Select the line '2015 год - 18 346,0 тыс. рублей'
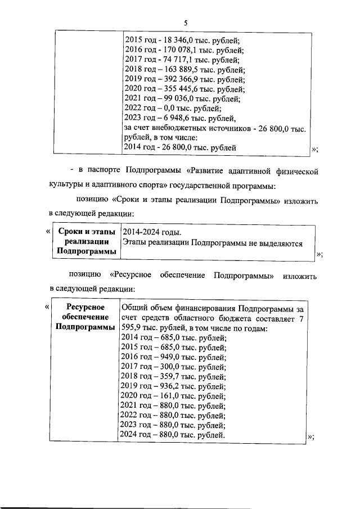coord(181,40)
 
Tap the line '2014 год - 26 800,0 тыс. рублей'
coord(179,148)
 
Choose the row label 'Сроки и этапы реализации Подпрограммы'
coord(86,242)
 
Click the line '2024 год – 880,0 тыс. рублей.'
coord(174,435)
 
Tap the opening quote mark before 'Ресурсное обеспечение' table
coord(46,307)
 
